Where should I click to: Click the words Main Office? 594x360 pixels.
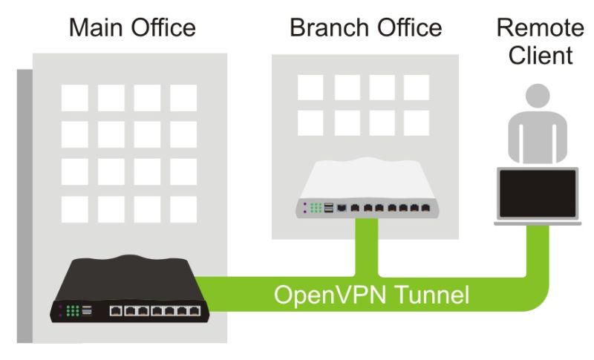(x=132, y=28)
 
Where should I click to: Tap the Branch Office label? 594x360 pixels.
(x=365, y=28)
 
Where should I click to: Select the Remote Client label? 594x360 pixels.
(x=540, y=42)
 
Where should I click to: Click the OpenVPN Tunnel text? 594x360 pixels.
(x=371, y=295)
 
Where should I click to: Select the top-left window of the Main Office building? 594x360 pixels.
(x=74, y=97)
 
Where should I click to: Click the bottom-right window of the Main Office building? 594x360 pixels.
(x=183, y=209)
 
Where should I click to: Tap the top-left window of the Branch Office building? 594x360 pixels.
(x=310, y=87)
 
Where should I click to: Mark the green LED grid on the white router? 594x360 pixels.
(x=316, y=209)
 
